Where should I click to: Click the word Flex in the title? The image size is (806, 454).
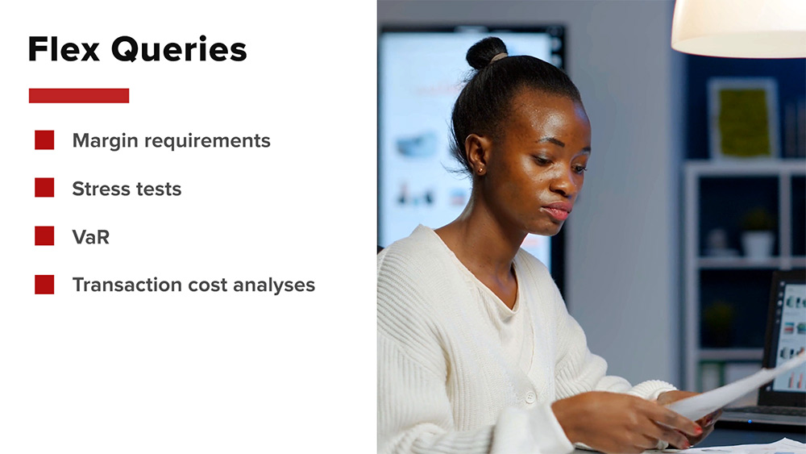click(64, 49)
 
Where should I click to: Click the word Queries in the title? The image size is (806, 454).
click(179, 50)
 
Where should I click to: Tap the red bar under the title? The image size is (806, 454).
click(79, 96)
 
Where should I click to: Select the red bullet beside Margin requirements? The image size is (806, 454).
click(44, 140)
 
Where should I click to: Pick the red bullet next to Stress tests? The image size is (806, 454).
click(44, 188)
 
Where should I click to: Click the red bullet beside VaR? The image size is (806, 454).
click(44, 236)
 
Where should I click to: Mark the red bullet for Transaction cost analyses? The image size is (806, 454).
click(44, 285)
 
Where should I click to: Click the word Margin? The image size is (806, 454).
click(105, 141)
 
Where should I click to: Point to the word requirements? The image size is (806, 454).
click(207, 141)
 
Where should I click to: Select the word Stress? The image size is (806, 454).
click(100, 189)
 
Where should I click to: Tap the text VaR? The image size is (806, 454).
click(91, 237)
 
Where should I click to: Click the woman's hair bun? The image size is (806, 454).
click(486, 52)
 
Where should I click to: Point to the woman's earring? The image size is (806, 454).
click(480, 169)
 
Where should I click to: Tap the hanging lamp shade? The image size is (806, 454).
click(738, 28)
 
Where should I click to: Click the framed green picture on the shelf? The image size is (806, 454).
click(743, 120)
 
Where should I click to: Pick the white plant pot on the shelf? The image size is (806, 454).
click(757, 244)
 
